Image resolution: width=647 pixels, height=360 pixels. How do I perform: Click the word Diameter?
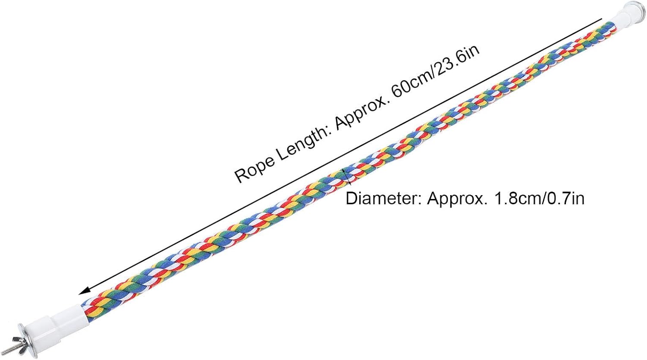coord(381,199)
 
